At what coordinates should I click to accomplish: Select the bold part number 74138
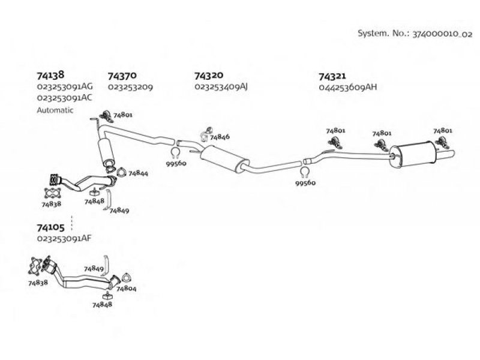coord(47,76)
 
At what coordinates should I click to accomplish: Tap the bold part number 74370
coord(122,76)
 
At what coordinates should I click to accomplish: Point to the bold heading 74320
coord(209,76)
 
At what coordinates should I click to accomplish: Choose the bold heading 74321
coord(332,76)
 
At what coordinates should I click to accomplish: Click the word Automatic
coord(55,110)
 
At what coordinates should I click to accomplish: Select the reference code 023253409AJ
coord(221,87)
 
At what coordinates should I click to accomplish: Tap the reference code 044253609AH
coord(348,87)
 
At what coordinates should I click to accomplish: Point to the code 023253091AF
coord(64,239)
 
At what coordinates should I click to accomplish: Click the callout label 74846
coord(220,137)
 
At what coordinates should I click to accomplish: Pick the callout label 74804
coord(126,289)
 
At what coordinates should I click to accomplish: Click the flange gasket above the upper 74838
coord(53,193)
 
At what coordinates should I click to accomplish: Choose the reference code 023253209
coord(130,87)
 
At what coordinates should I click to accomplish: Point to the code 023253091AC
coord(64,98)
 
